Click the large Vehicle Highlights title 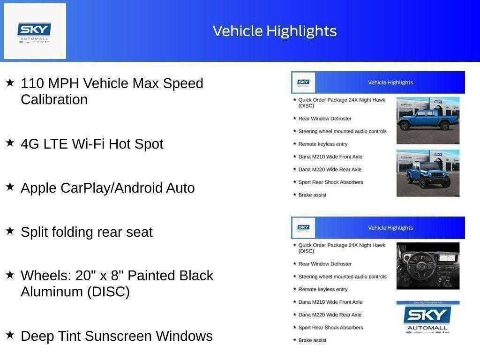275,31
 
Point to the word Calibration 54,100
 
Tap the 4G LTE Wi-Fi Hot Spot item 92,144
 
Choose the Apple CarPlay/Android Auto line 107,188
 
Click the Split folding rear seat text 87,232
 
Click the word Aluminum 52,292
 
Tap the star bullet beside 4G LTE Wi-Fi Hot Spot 10,143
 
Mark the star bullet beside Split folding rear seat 10,231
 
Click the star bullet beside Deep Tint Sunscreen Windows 10,335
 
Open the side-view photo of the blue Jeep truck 427,120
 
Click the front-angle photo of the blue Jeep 427,173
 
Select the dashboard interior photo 427,266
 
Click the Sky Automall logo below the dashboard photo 427,318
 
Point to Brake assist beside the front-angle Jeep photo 312,195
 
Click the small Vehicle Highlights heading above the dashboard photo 390,228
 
